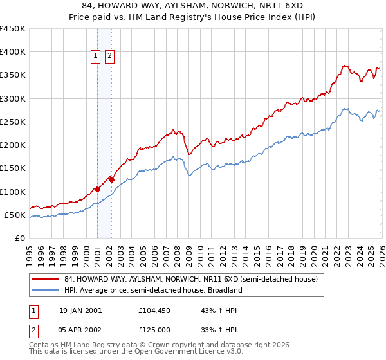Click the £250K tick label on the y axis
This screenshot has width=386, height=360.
12,122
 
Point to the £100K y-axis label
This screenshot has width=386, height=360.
12,192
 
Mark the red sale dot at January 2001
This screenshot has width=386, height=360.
97,189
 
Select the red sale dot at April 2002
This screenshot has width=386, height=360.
111,179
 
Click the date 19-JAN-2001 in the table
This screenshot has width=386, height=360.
80,310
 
